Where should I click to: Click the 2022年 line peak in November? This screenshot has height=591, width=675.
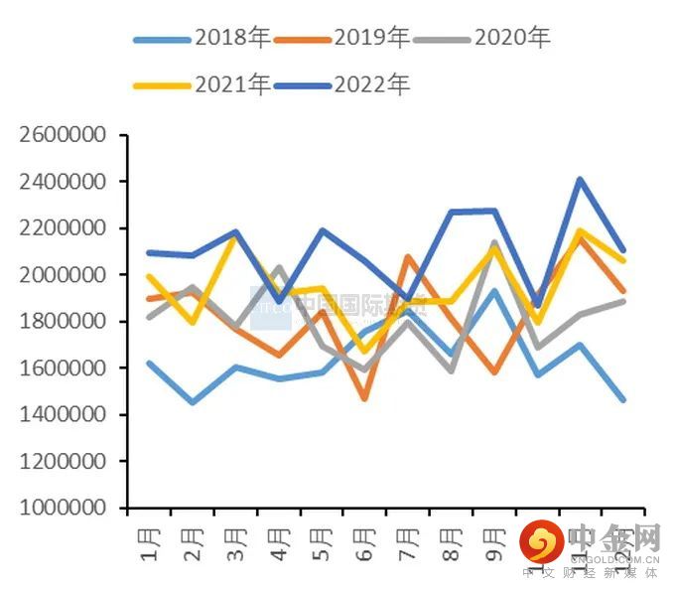580,180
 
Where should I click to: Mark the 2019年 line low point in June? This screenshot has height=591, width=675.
365,398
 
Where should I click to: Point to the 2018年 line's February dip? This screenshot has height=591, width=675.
193,402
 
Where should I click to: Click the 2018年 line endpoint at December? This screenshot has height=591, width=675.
622,399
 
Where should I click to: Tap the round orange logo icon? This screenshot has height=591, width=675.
543,542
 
